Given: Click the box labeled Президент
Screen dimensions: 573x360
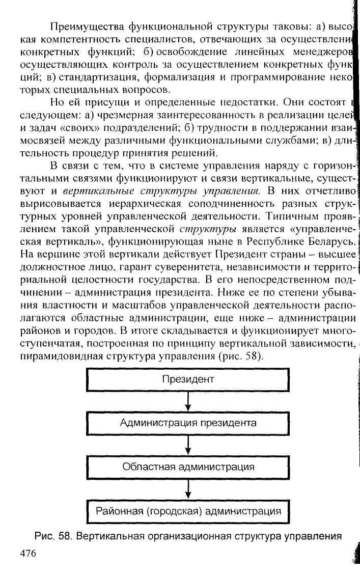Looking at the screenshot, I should (x=188, y=379).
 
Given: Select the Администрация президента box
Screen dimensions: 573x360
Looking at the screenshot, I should (x=188, y=423).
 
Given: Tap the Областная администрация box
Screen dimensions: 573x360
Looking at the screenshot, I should (x=188, y=467).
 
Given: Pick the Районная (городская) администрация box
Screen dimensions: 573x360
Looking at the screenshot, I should (x=188, y=511).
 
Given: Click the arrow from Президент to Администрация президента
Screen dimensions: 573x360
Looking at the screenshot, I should (x=188, y=401).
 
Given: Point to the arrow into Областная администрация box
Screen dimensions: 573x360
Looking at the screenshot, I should (x=188, y=445).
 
